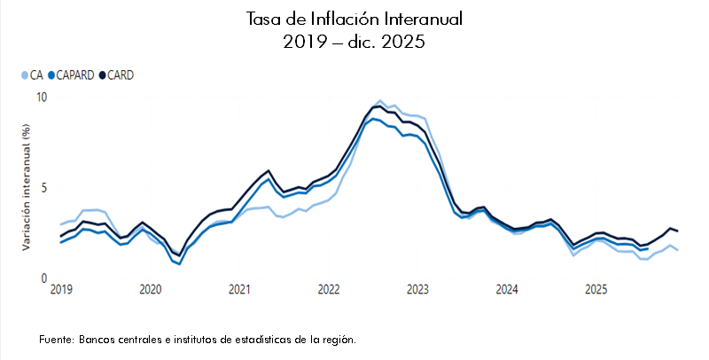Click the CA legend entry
(x=32, y=75)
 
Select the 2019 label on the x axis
(x=61, y=290)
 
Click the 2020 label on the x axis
(x=151, y=290)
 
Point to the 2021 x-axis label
(x=239, y=290)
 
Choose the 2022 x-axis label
(x=329, y=290)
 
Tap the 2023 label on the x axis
(x=417, y=290)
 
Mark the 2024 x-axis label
(x=507, y=290)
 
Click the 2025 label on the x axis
(x=596, y=290)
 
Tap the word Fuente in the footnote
(x=57, y=340)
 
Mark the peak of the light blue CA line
(x=380, y=101)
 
